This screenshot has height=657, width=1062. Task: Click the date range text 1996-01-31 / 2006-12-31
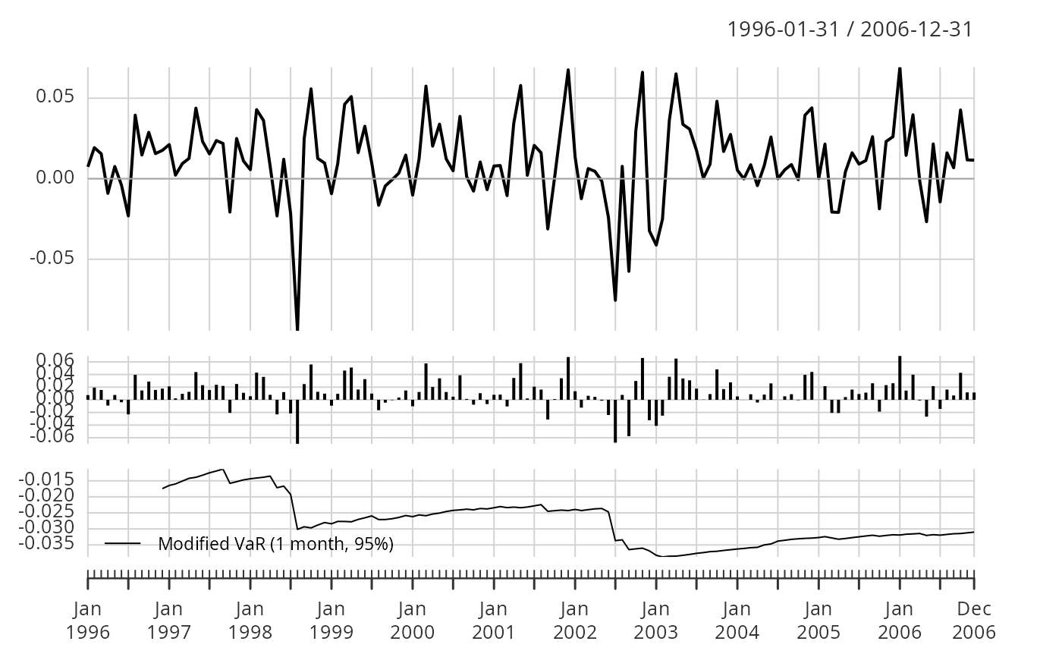(850, 30)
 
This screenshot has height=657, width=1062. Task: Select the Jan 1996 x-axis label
(88, 620)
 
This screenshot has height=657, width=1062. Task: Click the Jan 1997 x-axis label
(168, 620)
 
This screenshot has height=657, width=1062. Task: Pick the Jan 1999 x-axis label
(331, 620)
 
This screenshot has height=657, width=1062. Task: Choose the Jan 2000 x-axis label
(412, 620)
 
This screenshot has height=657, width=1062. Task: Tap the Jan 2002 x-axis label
(574, 620)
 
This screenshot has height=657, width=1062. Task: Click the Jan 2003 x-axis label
(655, 620)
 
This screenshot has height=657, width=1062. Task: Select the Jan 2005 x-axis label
(818, 620)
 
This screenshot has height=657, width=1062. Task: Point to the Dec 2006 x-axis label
(974, 620)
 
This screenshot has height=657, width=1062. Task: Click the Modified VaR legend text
(276, 543)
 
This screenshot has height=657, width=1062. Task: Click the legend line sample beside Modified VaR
(123, 543)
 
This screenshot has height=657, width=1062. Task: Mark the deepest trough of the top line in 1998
(297, 329)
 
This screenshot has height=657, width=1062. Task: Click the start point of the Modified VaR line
(163, 489)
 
